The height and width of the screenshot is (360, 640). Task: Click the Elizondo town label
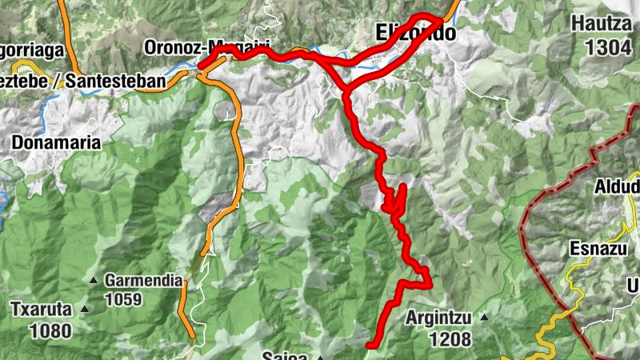[x=415, y=34]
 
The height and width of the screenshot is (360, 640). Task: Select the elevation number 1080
[x=51, y=330]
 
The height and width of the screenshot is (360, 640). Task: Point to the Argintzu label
[x=438, y=317]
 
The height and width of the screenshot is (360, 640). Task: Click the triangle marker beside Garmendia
[x=94, y=281]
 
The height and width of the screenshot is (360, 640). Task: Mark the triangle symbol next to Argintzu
[x=484, y=317]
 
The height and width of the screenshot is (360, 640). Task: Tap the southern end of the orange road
[x=191, y=334]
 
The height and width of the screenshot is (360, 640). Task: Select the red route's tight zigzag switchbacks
[x=396, y=200]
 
